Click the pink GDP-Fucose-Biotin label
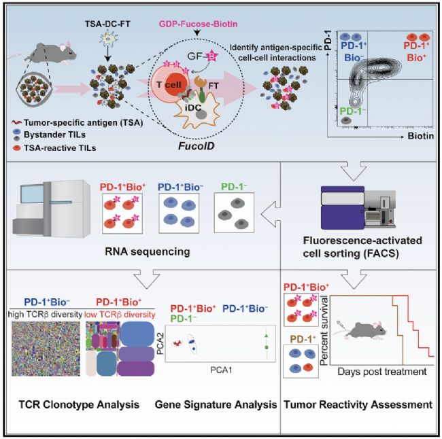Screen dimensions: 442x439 coord(198,24)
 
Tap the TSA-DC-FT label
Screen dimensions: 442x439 coord(107,24)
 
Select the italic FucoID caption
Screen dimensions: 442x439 coord(197,146)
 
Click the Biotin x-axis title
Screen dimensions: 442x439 coord(420,136)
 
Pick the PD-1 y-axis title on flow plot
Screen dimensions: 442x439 coord(327,40)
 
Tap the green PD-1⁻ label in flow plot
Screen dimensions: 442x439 coord(352,111)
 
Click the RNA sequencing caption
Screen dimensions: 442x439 coord(148,251)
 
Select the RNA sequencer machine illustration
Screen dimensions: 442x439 coord(52,209)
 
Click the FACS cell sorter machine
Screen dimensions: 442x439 coord(358,208)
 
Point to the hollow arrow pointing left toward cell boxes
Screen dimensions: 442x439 coord(271,214)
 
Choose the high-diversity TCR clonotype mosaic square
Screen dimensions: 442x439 coord(46,349)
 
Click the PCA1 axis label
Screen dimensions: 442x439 coord(221,370)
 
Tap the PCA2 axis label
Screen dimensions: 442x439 coord(160,344)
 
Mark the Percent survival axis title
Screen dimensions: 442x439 coord(324,330)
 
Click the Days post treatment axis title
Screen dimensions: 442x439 coord(382,372)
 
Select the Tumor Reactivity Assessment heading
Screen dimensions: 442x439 coord(358,404)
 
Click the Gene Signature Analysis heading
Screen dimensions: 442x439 coord(216,404)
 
